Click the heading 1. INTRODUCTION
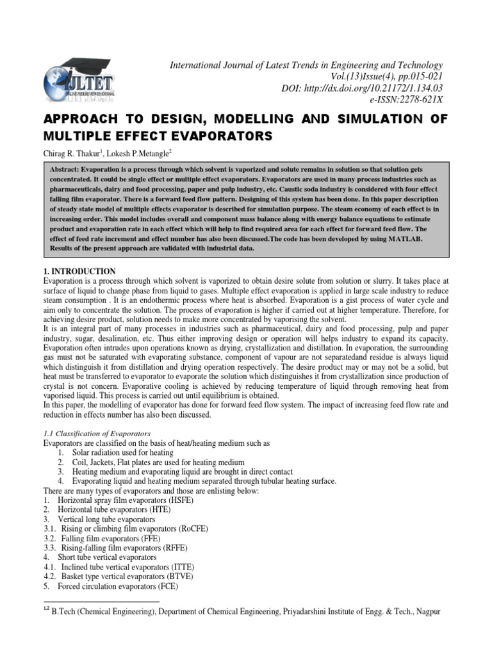pos(79,272)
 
